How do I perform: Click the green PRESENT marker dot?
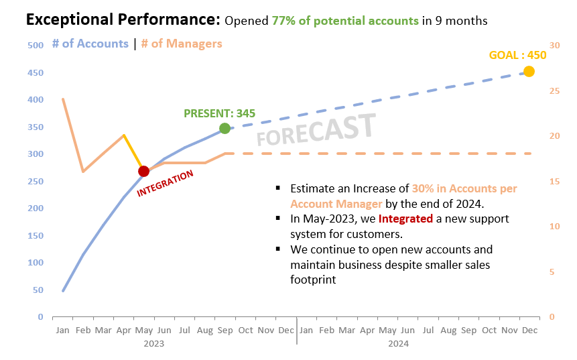(x=225, y=128)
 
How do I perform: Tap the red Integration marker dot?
(x=143, y=172)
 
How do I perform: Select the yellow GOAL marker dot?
(x=529, y=71)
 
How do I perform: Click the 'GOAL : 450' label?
(x=518, y=55)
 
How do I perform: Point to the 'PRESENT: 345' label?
(x=219, y=113)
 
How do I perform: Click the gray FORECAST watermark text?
(x=316, y=129)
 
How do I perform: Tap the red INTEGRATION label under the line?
(x=165, y=183)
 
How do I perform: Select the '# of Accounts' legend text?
(x=90, y=44)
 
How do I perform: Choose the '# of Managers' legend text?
(x=181, y=44)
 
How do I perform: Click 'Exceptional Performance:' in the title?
(x=123, y=20)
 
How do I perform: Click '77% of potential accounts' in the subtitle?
(x=345, y=21)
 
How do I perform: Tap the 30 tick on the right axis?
(x=554, y=46)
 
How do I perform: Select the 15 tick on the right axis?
(x=554, y=181)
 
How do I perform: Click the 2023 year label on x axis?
(x=153, y=343)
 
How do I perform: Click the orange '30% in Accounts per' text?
(x=464, y=188)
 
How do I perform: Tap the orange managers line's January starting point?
(x=63, y=99)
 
